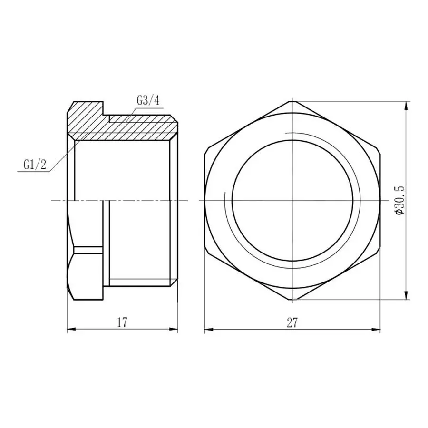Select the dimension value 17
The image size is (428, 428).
[122, 322]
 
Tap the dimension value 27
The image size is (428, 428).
[292, 322]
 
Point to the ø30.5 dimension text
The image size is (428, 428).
[399, 200]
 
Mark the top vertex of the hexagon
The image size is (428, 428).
[292, 101]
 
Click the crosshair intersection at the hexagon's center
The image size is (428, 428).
[292, 201]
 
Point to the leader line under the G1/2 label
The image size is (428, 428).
[33, 172]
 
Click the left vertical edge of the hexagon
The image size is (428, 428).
[204, 200]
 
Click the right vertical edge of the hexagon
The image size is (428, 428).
[380, 200]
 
